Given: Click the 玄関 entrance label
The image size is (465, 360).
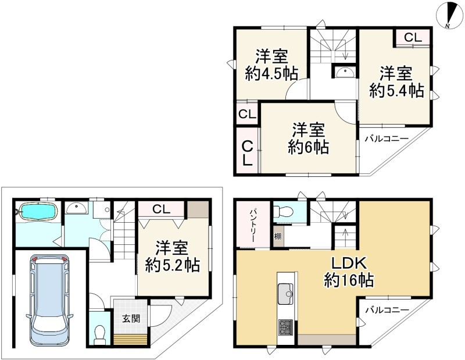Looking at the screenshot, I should tap(130, 318).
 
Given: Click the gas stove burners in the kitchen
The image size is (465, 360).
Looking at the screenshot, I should tap(286, 327).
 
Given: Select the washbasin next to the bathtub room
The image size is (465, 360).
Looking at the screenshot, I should tap(76, 208).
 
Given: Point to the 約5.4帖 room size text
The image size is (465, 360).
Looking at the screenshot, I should tap(397, 91).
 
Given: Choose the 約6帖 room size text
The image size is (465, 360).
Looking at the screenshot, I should tap(307, 147).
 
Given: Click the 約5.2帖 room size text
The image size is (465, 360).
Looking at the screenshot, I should tap(173, 265).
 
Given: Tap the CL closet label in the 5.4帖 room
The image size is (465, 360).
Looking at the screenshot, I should tap(413, 38).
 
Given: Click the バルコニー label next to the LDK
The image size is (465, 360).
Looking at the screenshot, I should tap(387, 310).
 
